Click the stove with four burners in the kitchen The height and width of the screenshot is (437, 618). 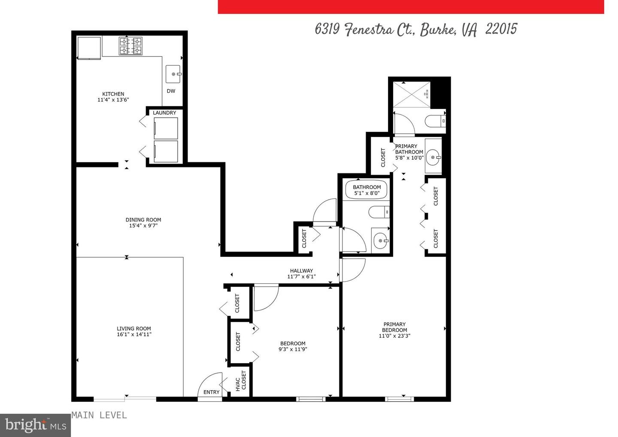point(130,46)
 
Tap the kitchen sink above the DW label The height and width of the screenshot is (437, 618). point(174,74)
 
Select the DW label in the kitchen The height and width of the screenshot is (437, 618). point(171,91)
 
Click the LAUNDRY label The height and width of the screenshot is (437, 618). point(164,113)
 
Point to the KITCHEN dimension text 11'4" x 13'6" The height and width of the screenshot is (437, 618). point(113,100)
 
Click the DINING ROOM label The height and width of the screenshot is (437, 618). point(143,220)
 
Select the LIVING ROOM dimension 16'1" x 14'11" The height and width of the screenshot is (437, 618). point(134,334)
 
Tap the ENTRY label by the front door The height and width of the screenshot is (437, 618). point(211,392)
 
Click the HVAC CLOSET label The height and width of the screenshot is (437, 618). point(241,381)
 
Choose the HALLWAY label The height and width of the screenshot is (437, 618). point(301,271)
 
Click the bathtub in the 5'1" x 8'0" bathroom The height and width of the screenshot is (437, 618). point(366,190)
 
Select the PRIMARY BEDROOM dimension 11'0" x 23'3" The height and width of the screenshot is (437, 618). point(394,336)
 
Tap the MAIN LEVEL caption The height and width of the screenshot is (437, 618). point(99,415)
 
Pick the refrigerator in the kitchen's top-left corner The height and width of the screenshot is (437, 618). point(88,47)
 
